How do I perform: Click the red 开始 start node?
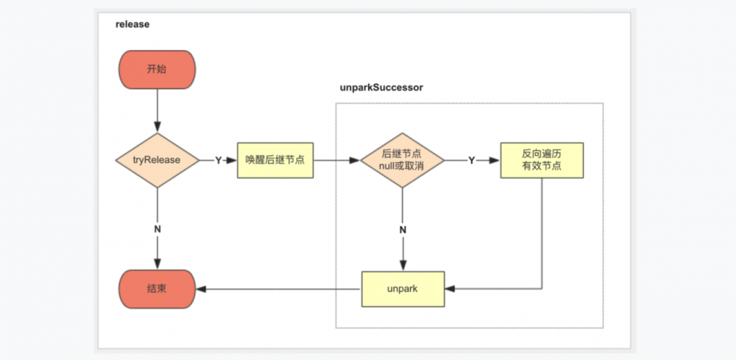pyautogui.click(x=157, y=68)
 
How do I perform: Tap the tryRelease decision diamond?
pyautogui.click(x=158, y=160)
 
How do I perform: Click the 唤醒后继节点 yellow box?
pyautogui.click(x=275, y=160)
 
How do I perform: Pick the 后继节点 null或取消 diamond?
pyautogui.click(x=402, y=160)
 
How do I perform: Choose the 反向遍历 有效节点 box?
pyautogui.click(x=542, y=160)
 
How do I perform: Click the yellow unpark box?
pyautogui.click(x=402, y=289)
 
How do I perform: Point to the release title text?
pyautogui.click(x=132, y=24)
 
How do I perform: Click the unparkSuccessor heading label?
pyautogui.click(x=381, y=88)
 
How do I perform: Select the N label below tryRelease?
pyautogui.click(x=158, y=229)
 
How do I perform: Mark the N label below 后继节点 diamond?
pyautogui.click(x=402, y=229)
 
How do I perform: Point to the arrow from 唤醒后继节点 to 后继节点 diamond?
pyautogui.click(x=336, y=160)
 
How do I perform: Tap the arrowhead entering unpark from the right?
pyautogui.click(x=449, y=289)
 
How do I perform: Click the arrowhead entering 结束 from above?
pyautogui.click(x=158, y=264)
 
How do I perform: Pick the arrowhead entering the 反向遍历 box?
pyautogui.click(x=495, y=160)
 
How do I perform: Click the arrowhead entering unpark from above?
pyautogui.click(x=402, y=266)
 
